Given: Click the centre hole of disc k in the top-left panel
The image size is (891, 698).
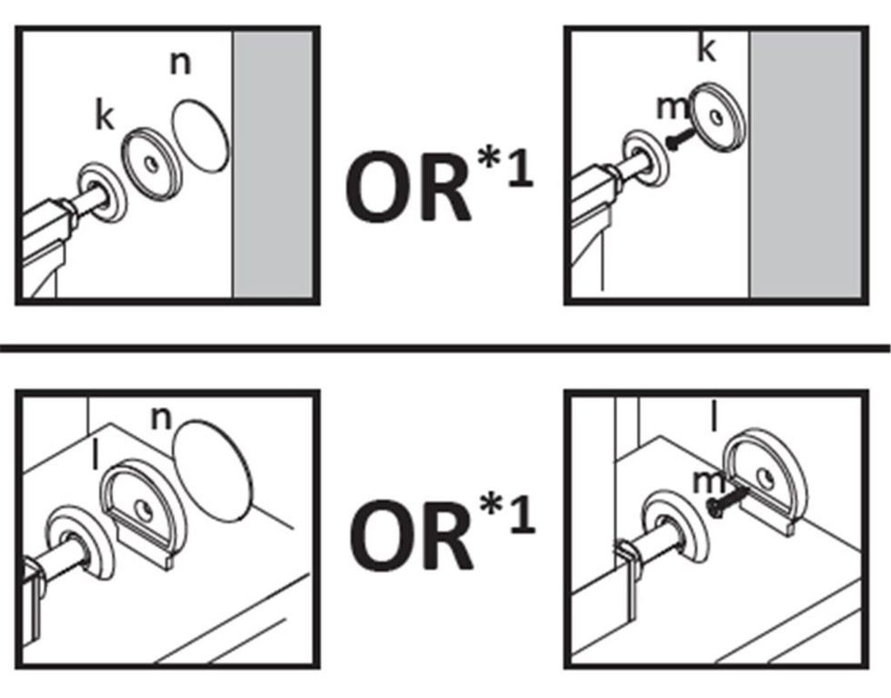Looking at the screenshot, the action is pyautogui.click(x=151, y=164).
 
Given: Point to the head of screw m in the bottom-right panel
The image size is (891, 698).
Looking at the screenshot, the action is pyautogui.click(x=713, y=506).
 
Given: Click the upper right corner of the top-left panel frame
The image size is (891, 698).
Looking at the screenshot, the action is pyautogui.click(x=318, y=27).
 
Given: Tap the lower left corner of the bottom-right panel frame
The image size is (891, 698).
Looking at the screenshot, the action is pyautogui.click(x=566, y=668).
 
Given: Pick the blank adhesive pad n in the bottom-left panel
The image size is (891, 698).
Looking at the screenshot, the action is pyautogui.click(x=212, y=469).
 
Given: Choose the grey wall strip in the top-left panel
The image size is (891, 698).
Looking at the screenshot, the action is pyautogui.click(x=272, y=164).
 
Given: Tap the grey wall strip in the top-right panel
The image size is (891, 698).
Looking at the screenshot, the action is pyautogui.click(x=806, y=164).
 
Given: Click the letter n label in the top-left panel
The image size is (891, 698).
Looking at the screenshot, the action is pyautogui.click(x=181, y=64).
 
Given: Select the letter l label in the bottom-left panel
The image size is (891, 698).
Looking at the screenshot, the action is pyautogui.click(x=96, y=456).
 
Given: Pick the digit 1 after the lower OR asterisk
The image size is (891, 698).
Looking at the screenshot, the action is pyautogui.click(x=523, y=514).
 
